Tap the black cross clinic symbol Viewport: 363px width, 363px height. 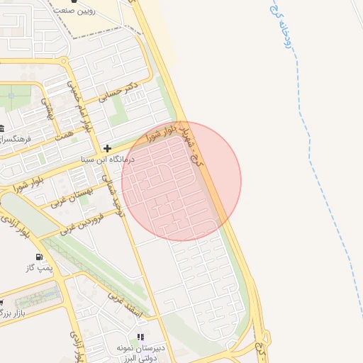107,148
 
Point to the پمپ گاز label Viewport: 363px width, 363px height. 40,267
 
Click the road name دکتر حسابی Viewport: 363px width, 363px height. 119,94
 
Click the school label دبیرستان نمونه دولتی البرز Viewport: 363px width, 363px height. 140,352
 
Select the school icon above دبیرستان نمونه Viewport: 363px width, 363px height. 140,336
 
